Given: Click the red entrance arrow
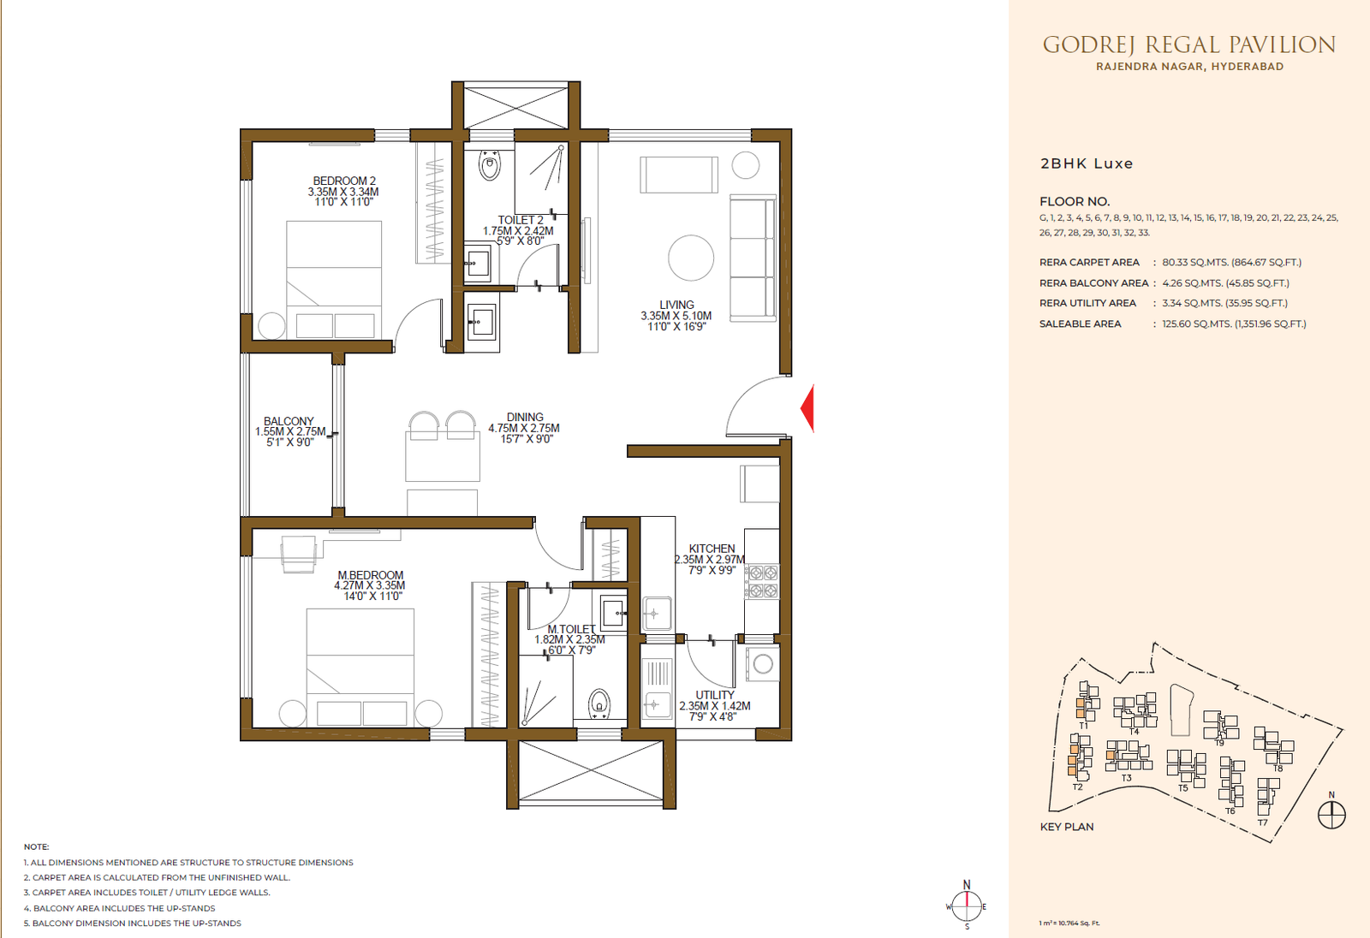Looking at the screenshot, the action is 808,408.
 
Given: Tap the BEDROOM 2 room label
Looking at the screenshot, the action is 344,181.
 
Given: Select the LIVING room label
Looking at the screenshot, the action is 676,305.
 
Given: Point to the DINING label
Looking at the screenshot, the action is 525,417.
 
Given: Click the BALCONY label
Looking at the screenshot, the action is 289,421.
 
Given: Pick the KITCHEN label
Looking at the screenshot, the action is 712,549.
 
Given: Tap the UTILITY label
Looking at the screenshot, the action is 715,695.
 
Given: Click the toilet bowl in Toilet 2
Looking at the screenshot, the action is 489,166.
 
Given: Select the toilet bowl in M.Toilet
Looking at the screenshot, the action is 599,704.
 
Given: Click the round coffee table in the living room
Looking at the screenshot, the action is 691,258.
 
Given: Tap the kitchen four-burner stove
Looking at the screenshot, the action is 762,581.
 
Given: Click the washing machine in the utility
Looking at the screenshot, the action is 763,664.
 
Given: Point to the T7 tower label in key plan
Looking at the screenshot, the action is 1262,822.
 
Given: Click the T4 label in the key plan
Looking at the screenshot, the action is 1134,732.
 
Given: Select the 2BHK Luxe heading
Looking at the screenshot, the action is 1087,163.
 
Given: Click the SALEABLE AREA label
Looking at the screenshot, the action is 1080,324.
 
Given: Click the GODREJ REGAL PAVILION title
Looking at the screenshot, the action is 1189,45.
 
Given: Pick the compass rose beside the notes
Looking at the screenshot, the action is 967,905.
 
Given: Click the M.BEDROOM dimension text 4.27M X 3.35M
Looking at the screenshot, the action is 369,585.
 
